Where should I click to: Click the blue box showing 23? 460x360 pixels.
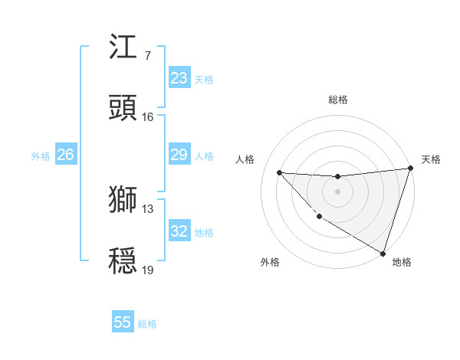click(179, 78)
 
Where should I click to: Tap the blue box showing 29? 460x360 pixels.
click(179, 155)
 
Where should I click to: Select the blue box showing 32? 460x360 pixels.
click(179, 231)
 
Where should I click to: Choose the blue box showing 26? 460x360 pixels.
click(65, 155)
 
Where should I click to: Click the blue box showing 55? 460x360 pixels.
click(123, 322)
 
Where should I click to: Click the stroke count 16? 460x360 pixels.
click(148, 117)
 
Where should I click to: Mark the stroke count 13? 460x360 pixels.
click(148, 209)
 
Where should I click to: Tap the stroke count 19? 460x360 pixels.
click(148, 270)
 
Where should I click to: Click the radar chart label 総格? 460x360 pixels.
click(338, 100)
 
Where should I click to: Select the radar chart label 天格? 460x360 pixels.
click(431, 159)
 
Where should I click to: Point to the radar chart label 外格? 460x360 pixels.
click(270, 262)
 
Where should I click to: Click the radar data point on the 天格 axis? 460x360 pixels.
click(410, 169)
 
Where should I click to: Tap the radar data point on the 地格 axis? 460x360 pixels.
click(383, 253)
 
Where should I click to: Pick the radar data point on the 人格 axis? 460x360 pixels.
click(279, 172)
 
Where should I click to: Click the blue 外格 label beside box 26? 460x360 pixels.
click(41, 155)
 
